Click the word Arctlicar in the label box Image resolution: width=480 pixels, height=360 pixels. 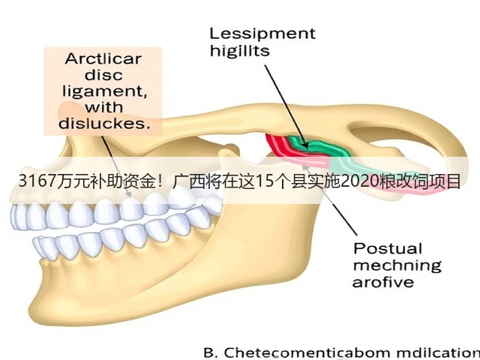pyautogui.click(x=103, y=58)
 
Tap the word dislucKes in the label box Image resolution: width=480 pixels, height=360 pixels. pyautogui.click(x=104, y=123)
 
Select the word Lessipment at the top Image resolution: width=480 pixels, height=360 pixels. pyautogui.click(x=262, y=34)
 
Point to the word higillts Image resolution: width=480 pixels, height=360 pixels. pyautogui.click(x=240, y=50)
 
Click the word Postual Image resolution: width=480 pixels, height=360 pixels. pyautogui.click(x=388, y=248)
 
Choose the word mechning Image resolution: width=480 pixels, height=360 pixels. pyautogui.click(x=397, y=265)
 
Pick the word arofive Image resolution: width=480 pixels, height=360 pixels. pyautogui.click(x=383, y=282)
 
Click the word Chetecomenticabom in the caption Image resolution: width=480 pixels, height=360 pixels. pyautogui.click(x=307, y=352)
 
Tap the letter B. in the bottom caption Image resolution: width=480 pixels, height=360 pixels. pyautogui.click(x=211, y=352)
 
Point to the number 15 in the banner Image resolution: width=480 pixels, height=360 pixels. pyautogui.click(x=264, y=181)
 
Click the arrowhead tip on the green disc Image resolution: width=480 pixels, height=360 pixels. pyautogui.click(x=307, y=147)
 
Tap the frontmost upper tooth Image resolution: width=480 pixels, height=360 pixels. pyautogui.click(x=16, y=217)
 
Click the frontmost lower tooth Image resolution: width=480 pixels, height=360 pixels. pyautogui.click(x=38, y=247)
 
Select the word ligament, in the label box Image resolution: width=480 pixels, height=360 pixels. pyautogui.click(x=104, y=91)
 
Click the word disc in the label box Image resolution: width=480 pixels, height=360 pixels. pyautogui.click(x=103, y=75)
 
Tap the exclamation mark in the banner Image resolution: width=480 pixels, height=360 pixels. pyautogui.click(x=160, y=181)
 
